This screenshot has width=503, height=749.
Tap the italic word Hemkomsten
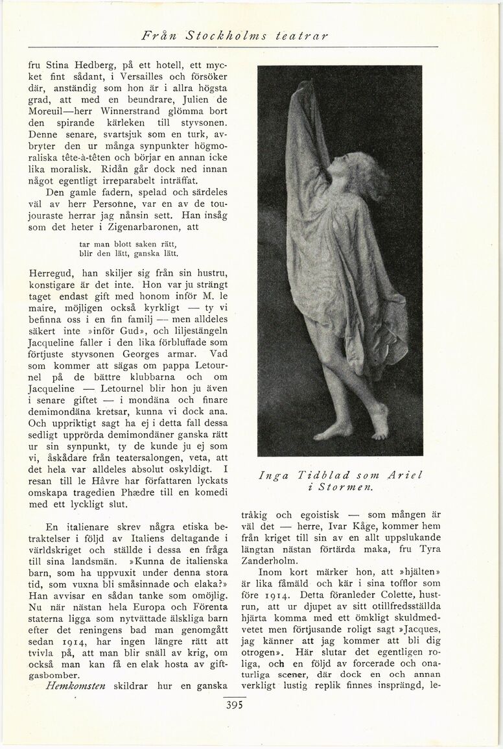click(76, 685)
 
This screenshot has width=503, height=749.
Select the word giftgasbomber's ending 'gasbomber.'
click(58, 672)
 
